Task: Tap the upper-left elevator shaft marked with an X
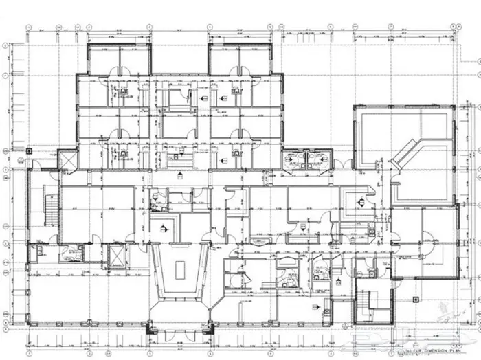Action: tap(69, 161)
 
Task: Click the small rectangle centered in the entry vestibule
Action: tap(180, 270)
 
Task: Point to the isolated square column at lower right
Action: tap(416, 300)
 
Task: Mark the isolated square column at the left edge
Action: tap(28, 150)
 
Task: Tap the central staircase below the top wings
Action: tap(181, 163)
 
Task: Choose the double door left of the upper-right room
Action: tap(348, 166)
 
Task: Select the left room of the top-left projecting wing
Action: tap(104, 60)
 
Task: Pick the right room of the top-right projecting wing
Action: tap(256, 60)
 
